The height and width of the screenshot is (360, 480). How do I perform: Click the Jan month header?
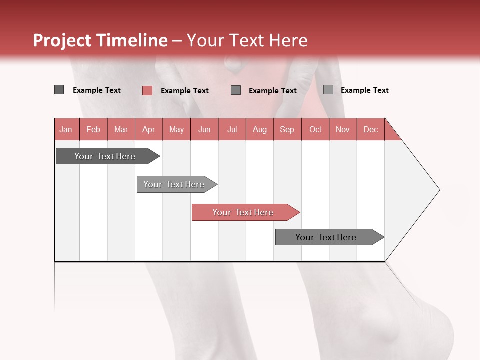click(x=66, y=129)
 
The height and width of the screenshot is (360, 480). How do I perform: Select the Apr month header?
click(x=148, y=129)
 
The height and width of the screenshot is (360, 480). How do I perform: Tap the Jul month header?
click(x=232, y=129)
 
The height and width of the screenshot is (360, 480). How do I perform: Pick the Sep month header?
click(x=287, y=129)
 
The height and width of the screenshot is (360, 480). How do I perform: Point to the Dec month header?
click(x=370, y=129)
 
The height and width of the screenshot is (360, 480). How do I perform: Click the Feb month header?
click(x=93, y=129)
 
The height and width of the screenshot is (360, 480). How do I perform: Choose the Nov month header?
click(x=342, y=129)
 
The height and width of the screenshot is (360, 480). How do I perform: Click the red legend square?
click(x=147, y=90)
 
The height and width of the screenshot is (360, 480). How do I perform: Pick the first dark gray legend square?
click(x=59, y=90)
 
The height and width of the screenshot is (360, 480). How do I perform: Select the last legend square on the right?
click(x=328, y=90)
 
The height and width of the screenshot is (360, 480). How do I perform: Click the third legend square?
click(x=236, y=90)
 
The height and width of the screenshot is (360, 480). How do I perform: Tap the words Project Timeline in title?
click(x=100, y=40)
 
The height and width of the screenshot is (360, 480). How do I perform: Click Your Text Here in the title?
click(x=247, y=40)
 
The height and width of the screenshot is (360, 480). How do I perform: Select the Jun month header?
click(x=204, y=129)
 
